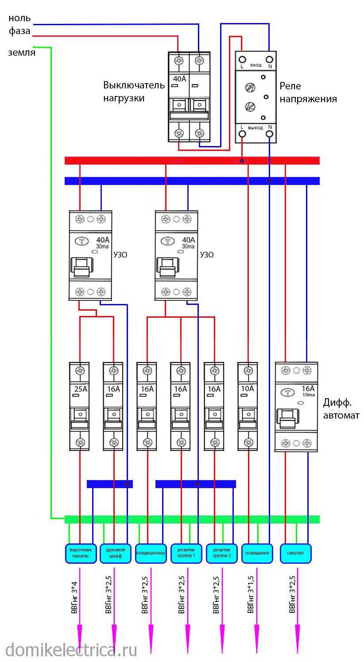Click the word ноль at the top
pos(19,19)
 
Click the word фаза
pos(19,31)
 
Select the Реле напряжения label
pos(307,92)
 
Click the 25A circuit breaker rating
pos(80,389)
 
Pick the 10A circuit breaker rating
pos(248,389)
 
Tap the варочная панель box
pos(80,553)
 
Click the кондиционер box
pos(151,553)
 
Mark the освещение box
pos(257,553)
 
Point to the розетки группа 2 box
pos(222,553)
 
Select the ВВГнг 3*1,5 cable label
pos(251,594)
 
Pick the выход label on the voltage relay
pos(256,127)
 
